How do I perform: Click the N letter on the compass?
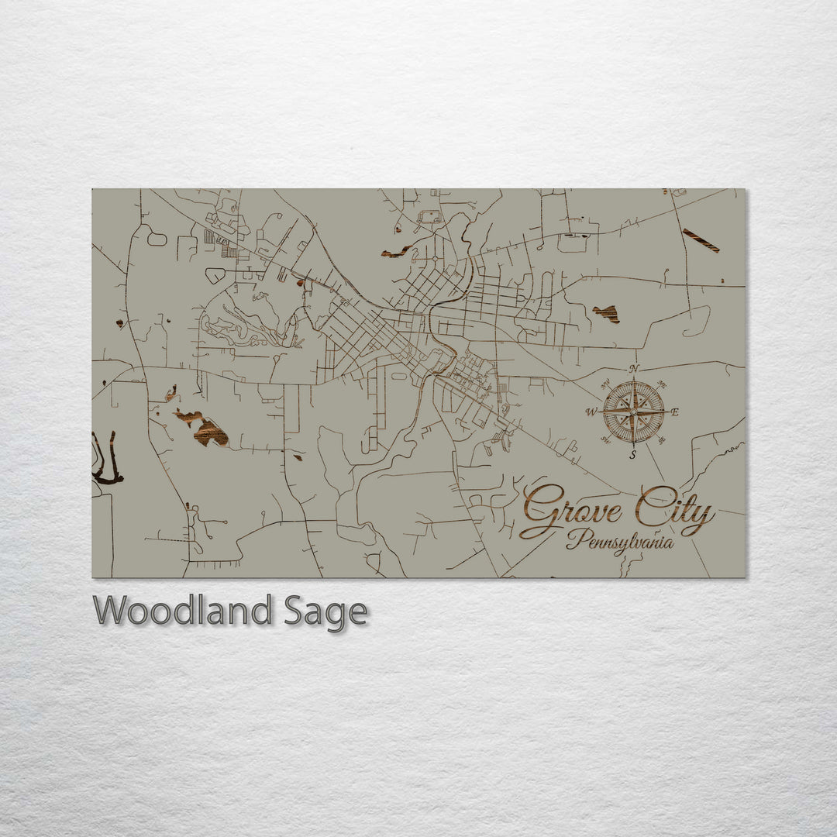pos(634,369)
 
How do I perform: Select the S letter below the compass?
pos(633,455)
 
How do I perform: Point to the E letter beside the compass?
pos(675,412)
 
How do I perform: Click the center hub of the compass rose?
pos(634,412)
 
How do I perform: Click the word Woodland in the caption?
pos(183,611)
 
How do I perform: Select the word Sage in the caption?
pos(325,612)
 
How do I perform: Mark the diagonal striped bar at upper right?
pos(701,240)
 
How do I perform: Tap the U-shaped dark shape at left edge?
pos(106,461)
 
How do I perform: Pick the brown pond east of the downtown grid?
pos(607,313)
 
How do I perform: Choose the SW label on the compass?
pos(607,440)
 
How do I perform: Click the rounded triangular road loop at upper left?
pos(215,275)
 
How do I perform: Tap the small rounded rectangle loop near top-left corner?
pos(157,239)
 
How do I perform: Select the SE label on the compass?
pos(661,440)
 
